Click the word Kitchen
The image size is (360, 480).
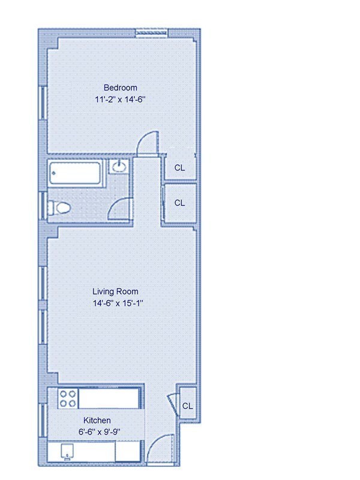[x=97, y=421]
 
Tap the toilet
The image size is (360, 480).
[x=60, y=208]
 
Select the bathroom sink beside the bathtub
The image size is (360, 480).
[x=119, y=166]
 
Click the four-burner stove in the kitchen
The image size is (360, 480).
[x=67, y=398]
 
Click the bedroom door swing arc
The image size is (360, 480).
[x=148, y=143]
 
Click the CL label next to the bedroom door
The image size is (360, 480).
[x=179, y=167]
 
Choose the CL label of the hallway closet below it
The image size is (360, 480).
[x=179, y=203]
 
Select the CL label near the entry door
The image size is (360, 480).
[x=187, y=406]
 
